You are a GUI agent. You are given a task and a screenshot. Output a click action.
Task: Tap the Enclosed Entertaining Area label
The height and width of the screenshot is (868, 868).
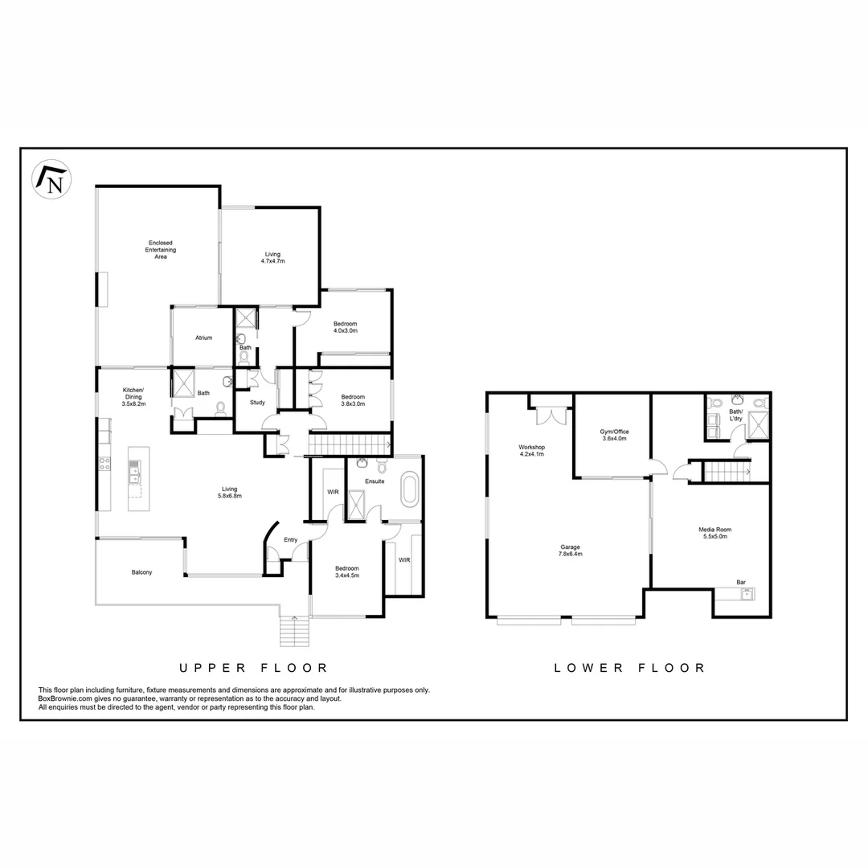[159, 250]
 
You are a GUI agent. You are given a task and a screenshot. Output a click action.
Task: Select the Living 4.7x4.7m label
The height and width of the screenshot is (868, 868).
[273, 258]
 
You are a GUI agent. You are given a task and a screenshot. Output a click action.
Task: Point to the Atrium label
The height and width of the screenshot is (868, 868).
[203, 338]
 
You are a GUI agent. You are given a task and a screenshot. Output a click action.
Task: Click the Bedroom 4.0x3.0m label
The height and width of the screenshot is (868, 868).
[346, 327]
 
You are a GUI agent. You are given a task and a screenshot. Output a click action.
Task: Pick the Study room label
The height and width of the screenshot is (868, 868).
[257, 403]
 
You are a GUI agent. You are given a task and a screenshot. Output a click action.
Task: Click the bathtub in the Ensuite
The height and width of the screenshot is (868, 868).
[410, 490]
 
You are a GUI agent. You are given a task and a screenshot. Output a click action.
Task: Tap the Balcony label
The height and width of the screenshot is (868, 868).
[141, 573]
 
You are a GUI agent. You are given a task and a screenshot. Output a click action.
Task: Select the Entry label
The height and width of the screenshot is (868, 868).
[291, 541]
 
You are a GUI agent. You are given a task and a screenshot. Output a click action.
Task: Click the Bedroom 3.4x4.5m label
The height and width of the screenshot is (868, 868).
[347, 572]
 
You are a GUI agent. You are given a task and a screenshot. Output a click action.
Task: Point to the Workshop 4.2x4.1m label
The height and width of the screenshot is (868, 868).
[532, 451]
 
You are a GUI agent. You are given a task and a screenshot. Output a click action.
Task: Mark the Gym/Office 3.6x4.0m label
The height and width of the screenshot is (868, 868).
[614, 435]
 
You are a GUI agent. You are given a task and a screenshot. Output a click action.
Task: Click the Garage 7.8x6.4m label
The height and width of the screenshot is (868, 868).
[571, 551]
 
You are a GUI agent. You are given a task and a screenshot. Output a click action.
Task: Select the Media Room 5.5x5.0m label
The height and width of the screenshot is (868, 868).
[714, 534]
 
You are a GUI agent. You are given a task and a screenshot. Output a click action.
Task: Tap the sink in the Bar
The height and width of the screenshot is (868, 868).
[747, 595]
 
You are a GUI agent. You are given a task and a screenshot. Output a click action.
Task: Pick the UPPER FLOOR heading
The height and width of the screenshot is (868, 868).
[253, 668]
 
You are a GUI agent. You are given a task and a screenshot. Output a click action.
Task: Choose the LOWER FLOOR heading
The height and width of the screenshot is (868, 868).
[630, 668]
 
